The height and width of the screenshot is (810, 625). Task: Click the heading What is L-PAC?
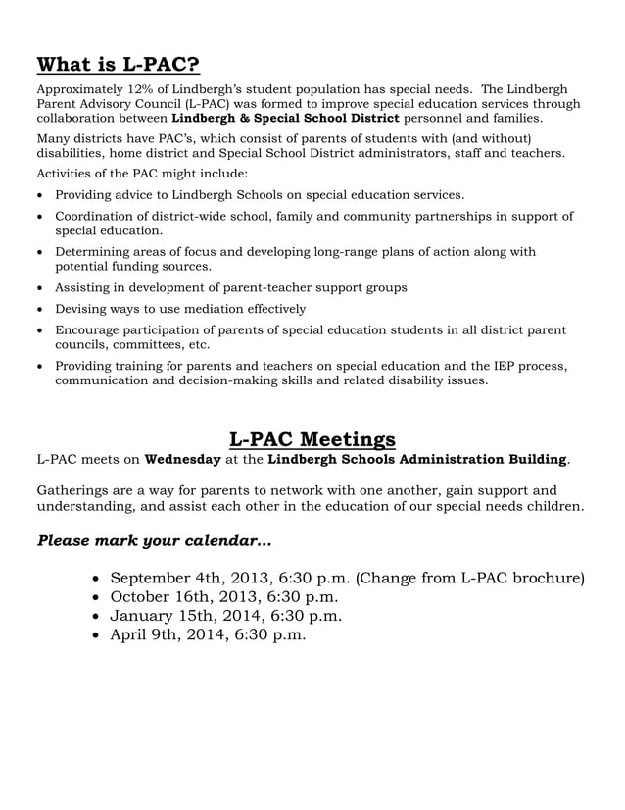(118, 66)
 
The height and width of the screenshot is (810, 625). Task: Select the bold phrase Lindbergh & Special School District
(286, 118)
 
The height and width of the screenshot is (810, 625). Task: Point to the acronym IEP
(484, 365)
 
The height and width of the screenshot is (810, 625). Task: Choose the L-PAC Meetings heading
(312, 438)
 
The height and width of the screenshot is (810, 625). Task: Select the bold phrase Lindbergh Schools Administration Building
(417, 459)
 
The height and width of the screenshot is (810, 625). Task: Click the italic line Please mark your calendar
(155, 540)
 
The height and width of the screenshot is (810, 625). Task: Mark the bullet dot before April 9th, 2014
(96, 636)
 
